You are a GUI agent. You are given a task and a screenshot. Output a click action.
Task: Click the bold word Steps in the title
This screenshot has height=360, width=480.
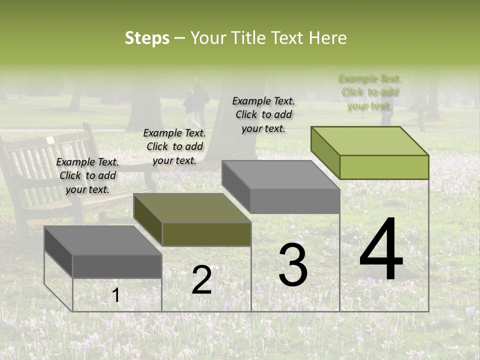pyautogui.click(x=147, y=38)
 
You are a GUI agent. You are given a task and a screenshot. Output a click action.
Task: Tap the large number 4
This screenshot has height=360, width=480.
pyautogui.click(x=381, y=250)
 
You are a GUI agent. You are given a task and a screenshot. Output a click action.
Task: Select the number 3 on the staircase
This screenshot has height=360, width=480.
pyautogui.click(x=293, y=265)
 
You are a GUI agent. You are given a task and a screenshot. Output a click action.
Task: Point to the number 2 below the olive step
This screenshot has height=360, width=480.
pyautogui.click(x=201, y=280)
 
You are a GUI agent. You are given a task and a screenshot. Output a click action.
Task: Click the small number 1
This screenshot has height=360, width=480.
pyautogui.click(x=116, y=295)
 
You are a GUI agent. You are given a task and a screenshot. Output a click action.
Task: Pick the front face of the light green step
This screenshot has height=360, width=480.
pyautogui.click(x=384, y=167)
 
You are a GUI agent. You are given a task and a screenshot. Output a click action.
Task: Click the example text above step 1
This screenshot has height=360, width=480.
pyautogui.click(x=87, y=175)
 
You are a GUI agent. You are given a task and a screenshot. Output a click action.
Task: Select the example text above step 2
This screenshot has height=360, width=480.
pyautogui.click(x=174, y=146)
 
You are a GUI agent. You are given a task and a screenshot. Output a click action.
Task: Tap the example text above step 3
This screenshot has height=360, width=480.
pyautogui.click(x=263, y=114)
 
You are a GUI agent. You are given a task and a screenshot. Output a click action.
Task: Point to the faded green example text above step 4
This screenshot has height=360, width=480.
pyautogui.click(x=369, y=92)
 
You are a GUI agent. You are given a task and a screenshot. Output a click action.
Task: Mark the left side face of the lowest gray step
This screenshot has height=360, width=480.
pyautogui.click(x=58, y=252)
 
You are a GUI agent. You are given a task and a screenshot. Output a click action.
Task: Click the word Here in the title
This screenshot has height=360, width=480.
pyautogui.click(x=328, y=38)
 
